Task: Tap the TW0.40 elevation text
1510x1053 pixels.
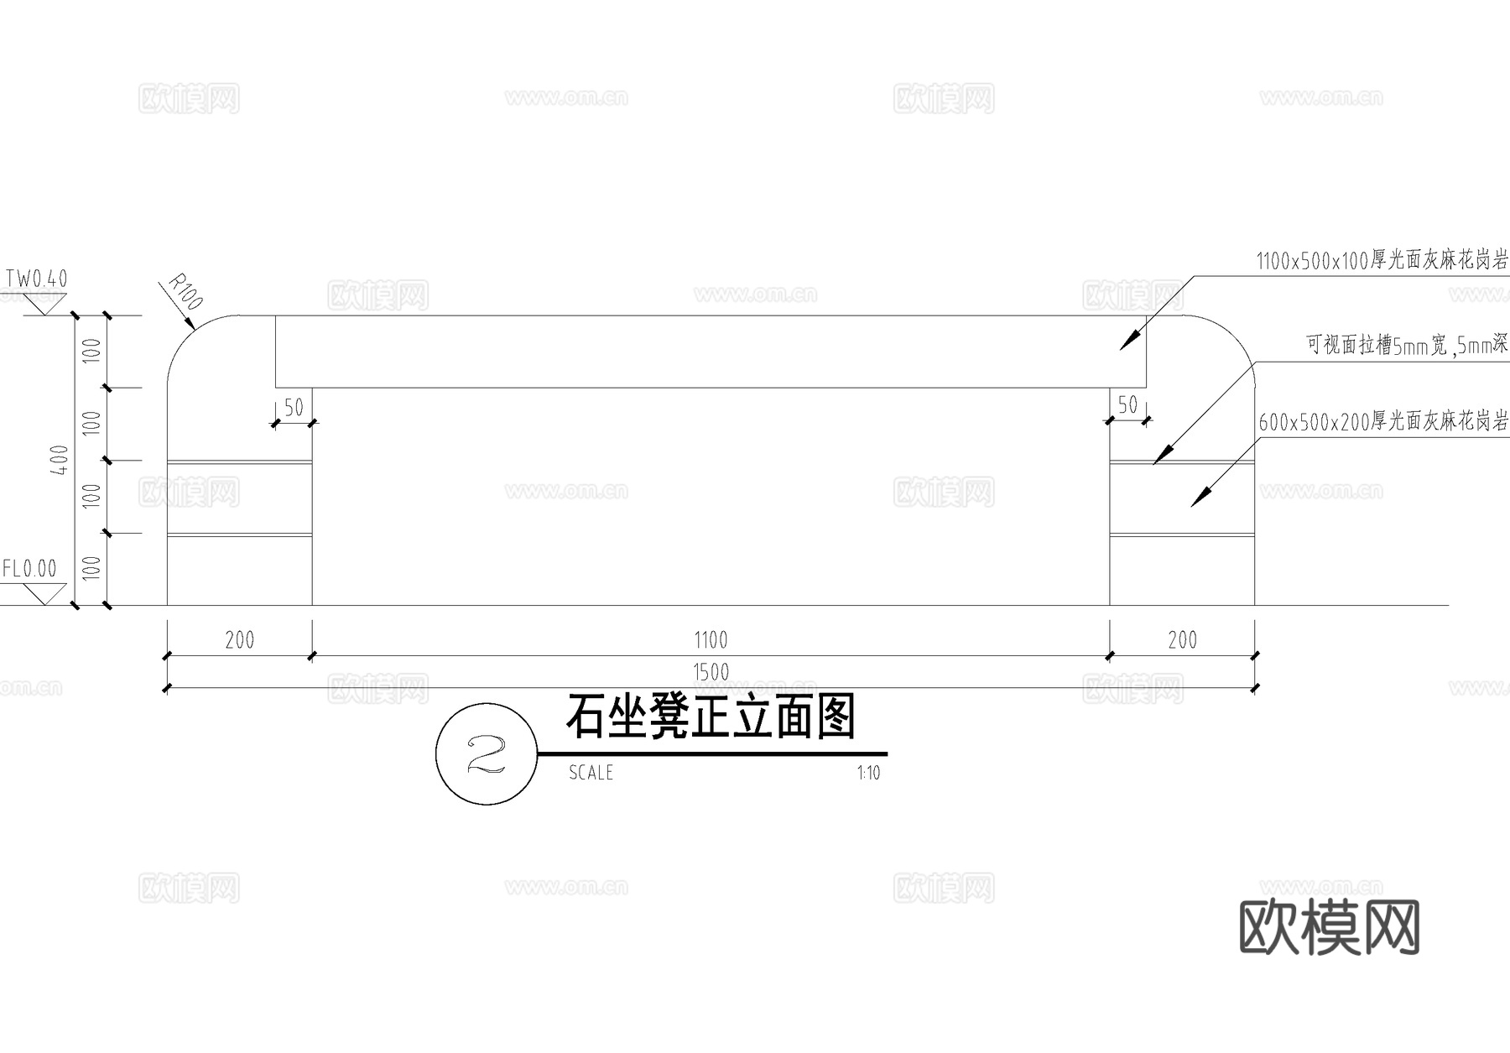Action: (37, 279)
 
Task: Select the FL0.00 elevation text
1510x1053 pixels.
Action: (29, 569)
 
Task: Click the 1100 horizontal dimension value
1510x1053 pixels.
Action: (711, 640)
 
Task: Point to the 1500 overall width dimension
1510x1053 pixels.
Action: (711, 672)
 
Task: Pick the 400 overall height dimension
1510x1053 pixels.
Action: (60, 460)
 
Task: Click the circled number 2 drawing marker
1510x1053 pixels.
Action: (486, 755)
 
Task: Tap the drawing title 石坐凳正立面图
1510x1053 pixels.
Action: (711, 717)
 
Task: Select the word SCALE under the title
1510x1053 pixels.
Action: (591, 773)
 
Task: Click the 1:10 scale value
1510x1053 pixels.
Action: (868, 773)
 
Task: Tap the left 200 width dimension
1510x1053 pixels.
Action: (240, 640)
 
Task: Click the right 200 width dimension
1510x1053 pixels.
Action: (1182, 640)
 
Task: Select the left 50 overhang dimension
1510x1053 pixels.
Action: (294, 408)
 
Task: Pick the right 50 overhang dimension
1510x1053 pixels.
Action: (1127, 405)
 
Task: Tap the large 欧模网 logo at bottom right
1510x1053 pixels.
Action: (1329, 927)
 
